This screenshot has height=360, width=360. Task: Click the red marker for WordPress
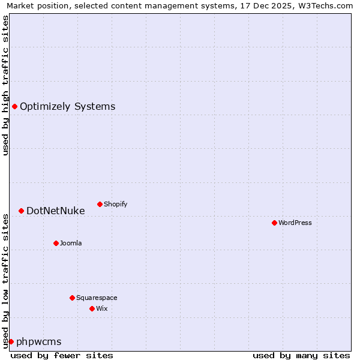pos(274,223)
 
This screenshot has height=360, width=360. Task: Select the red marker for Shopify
pos(100,204)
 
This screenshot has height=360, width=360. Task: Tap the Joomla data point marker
pos(56,243)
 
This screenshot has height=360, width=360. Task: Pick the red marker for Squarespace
pos(72,298)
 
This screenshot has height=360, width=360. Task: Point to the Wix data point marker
pos(92,308)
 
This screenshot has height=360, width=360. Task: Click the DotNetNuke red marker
pos(21,211)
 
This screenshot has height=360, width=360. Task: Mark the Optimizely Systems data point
pos(14,106)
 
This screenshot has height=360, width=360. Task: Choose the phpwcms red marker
pos(11,341)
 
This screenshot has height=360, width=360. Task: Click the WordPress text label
pos(295,223)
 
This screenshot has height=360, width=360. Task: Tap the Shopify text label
pos(116,204)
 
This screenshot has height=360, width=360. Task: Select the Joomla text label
pos(71,243)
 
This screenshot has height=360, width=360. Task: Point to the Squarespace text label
pos(97,298)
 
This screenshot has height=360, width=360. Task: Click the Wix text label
pos(102,308)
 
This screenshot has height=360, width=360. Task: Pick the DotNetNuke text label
pos(56,211)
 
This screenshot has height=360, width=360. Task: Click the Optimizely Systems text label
pos(68,107)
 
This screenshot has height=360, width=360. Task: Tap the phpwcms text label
pos(39,342)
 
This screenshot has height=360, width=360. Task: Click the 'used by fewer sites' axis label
pos(62,355)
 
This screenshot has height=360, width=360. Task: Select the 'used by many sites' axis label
pos(301,355)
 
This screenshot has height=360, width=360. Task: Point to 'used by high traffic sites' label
pos(5,85)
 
